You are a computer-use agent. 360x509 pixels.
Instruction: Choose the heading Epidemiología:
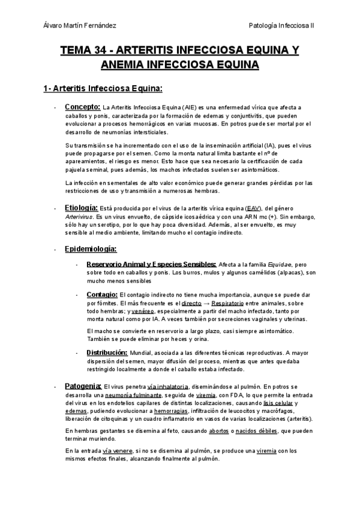click(91, 248)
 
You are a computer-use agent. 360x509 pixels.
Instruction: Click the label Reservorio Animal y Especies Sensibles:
click(151, 264)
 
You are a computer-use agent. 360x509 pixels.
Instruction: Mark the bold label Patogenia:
click(83, 387)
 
